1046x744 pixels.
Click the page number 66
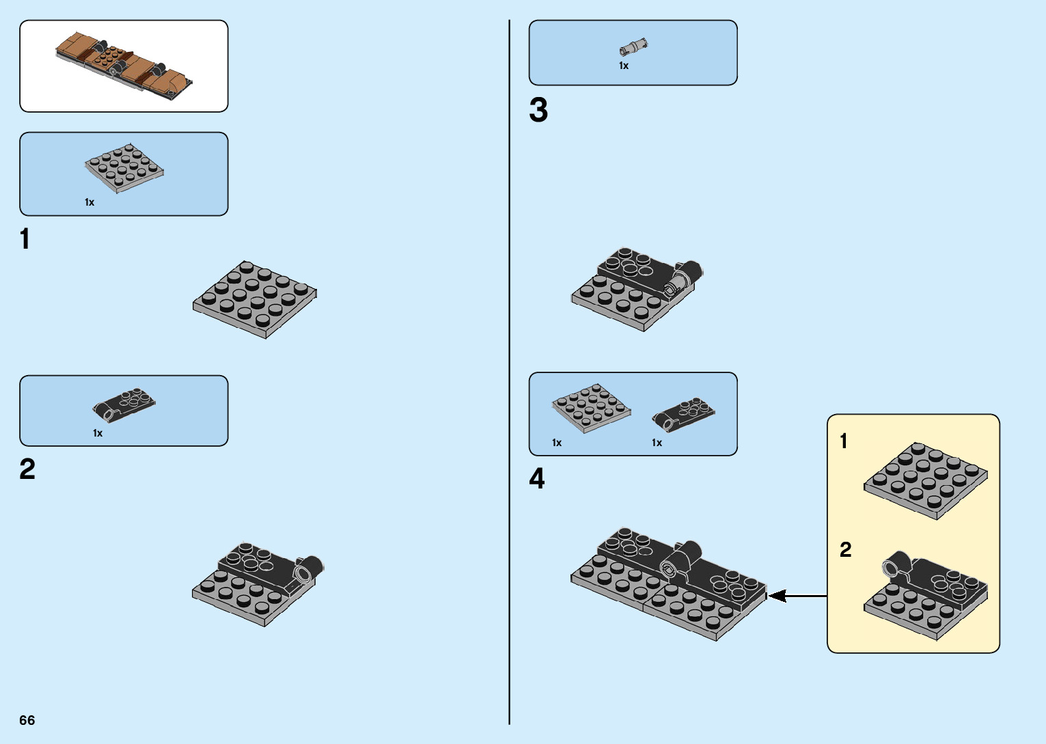(27, 720)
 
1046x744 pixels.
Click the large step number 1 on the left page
(25, 240)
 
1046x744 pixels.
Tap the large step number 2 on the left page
(27, 469)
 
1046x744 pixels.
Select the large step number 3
(538, 111)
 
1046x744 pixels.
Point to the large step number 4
(537, 479)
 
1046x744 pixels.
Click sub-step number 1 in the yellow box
(844, 441)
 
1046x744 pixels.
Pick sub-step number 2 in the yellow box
(846, 550)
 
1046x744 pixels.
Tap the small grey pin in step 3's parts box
(633, 47)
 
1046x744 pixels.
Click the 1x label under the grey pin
(624, 66)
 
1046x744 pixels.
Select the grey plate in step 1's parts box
(124, 168)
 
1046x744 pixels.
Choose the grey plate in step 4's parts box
(591, 407)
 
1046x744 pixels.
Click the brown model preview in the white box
(124, 66)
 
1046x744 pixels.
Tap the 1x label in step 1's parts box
(90, 202)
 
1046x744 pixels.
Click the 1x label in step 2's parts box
(98, 433)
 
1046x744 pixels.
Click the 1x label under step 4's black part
(657, 443)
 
